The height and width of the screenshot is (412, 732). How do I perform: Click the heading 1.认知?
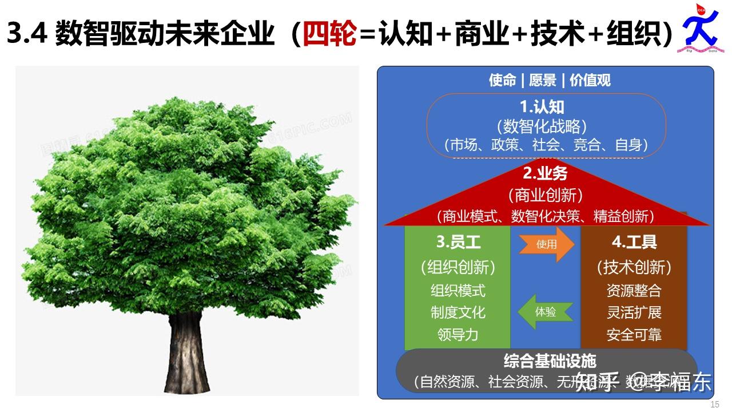point(542,107)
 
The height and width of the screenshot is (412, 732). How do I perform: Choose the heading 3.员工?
point(458,242)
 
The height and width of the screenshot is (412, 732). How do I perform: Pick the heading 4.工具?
point(634,242)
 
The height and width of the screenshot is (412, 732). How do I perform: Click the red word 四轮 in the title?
point(329,34)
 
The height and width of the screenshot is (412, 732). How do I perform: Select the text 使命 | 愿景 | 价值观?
point(550,80)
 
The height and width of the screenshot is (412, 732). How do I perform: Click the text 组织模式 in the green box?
point(457,290)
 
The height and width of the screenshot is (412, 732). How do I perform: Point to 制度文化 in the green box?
point(457,312)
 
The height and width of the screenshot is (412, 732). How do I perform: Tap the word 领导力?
point(457,334)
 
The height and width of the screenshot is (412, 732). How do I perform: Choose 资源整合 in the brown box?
point(634,290)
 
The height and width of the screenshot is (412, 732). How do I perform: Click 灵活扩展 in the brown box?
point(634,312)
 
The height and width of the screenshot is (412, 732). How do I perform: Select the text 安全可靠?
point(634,334)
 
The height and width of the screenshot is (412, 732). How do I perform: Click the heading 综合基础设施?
point(550,361)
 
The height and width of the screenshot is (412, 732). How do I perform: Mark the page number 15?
point(714,405)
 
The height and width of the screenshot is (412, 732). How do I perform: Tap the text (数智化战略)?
point(542,126)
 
